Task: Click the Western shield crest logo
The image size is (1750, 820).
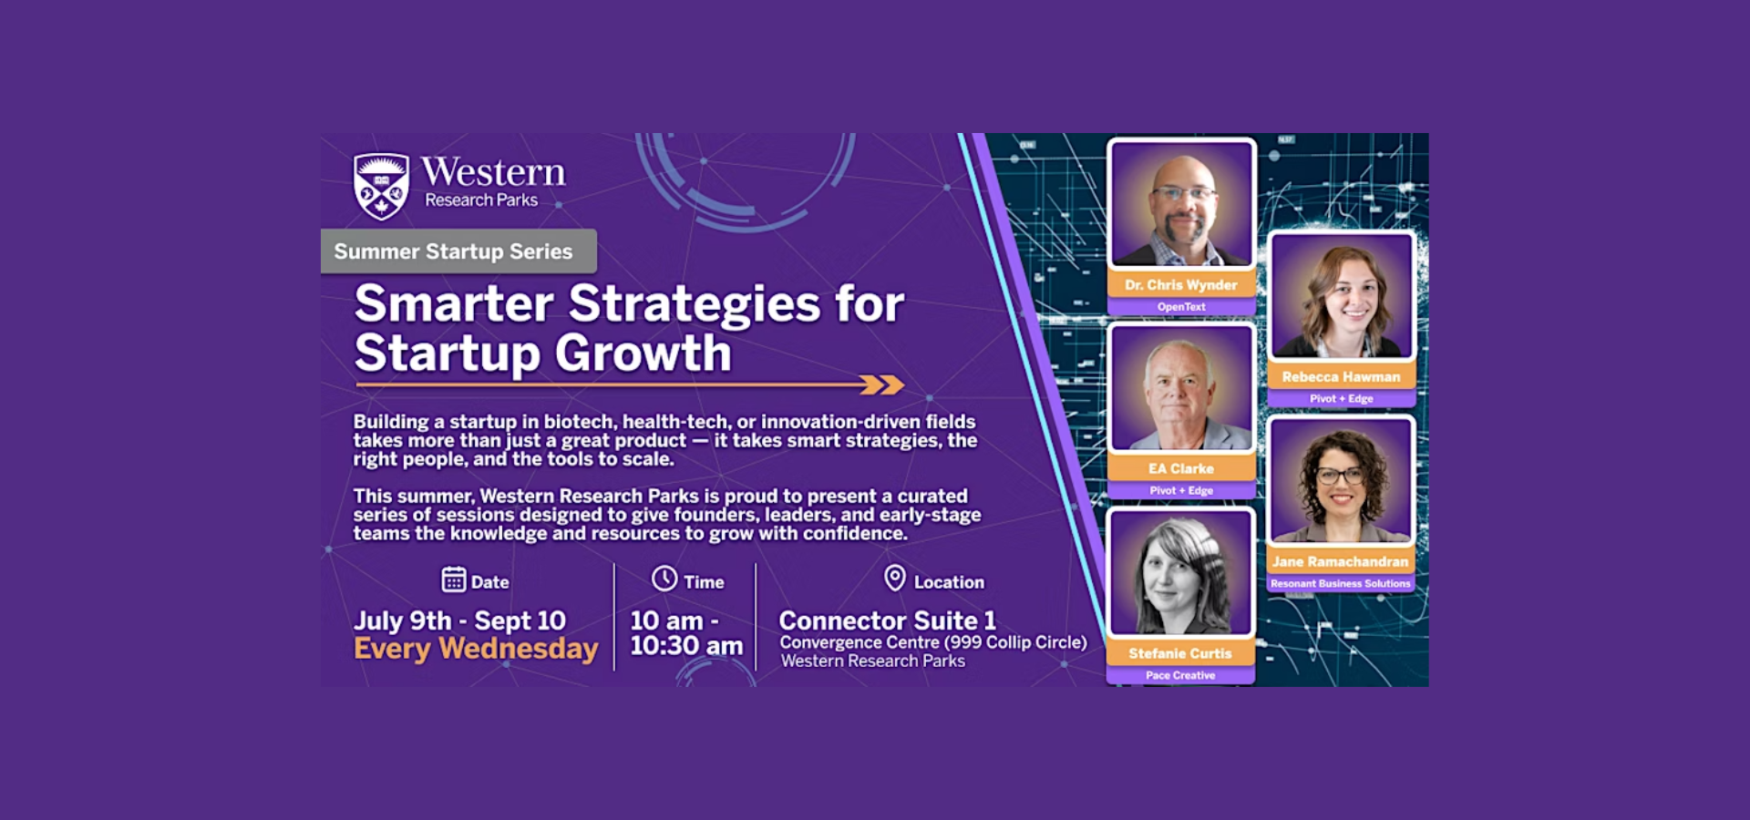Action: tap(381, 186)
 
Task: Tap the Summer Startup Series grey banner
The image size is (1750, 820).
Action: tap(458, 251)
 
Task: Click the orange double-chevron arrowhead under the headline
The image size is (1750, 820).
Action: tap(882, 385)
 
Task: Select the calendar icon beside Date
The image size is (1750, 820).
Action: tap(453, 579)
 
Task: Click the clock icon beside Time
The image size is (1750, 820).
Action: tap(664, 579)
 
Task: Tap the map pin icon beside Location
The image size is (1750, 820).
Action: tap(895, 578)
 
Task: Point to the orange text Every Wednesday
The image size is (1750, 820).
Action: tap(476, 649)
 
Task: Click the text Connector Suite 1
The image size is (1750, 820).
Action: tap(887, 620)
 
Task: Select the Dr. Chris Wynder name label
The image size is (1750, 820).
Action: tap(1181, 285)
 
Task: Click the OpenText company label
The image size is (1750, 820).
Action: tap(1181, 307)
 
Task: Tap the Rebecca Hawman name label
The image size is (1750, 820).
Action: tap(1341, 377)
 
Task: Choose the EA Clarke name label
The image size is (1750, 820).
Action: tap(1181, 468)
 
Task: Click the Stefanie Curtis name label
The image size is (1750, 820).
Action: tap(1180, 653)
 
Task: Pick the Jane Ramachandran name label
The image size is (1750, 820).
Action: tap(1341, 562)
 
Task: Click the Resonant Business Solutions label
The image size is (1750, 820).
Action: tap(1341, 583)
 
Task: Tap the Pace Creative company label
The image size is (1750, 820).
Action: tap(1180, 675)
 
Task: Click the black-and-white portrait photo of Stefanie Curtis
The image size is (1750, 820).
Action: tap(1180, 574)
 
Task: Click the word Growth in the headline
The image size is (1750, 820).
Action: tap(643, 354)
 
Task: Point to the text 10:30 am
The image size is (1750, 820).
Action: tap(686, 646)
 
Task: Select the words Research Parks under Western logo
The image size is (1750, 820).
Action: tap(481, 200)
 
